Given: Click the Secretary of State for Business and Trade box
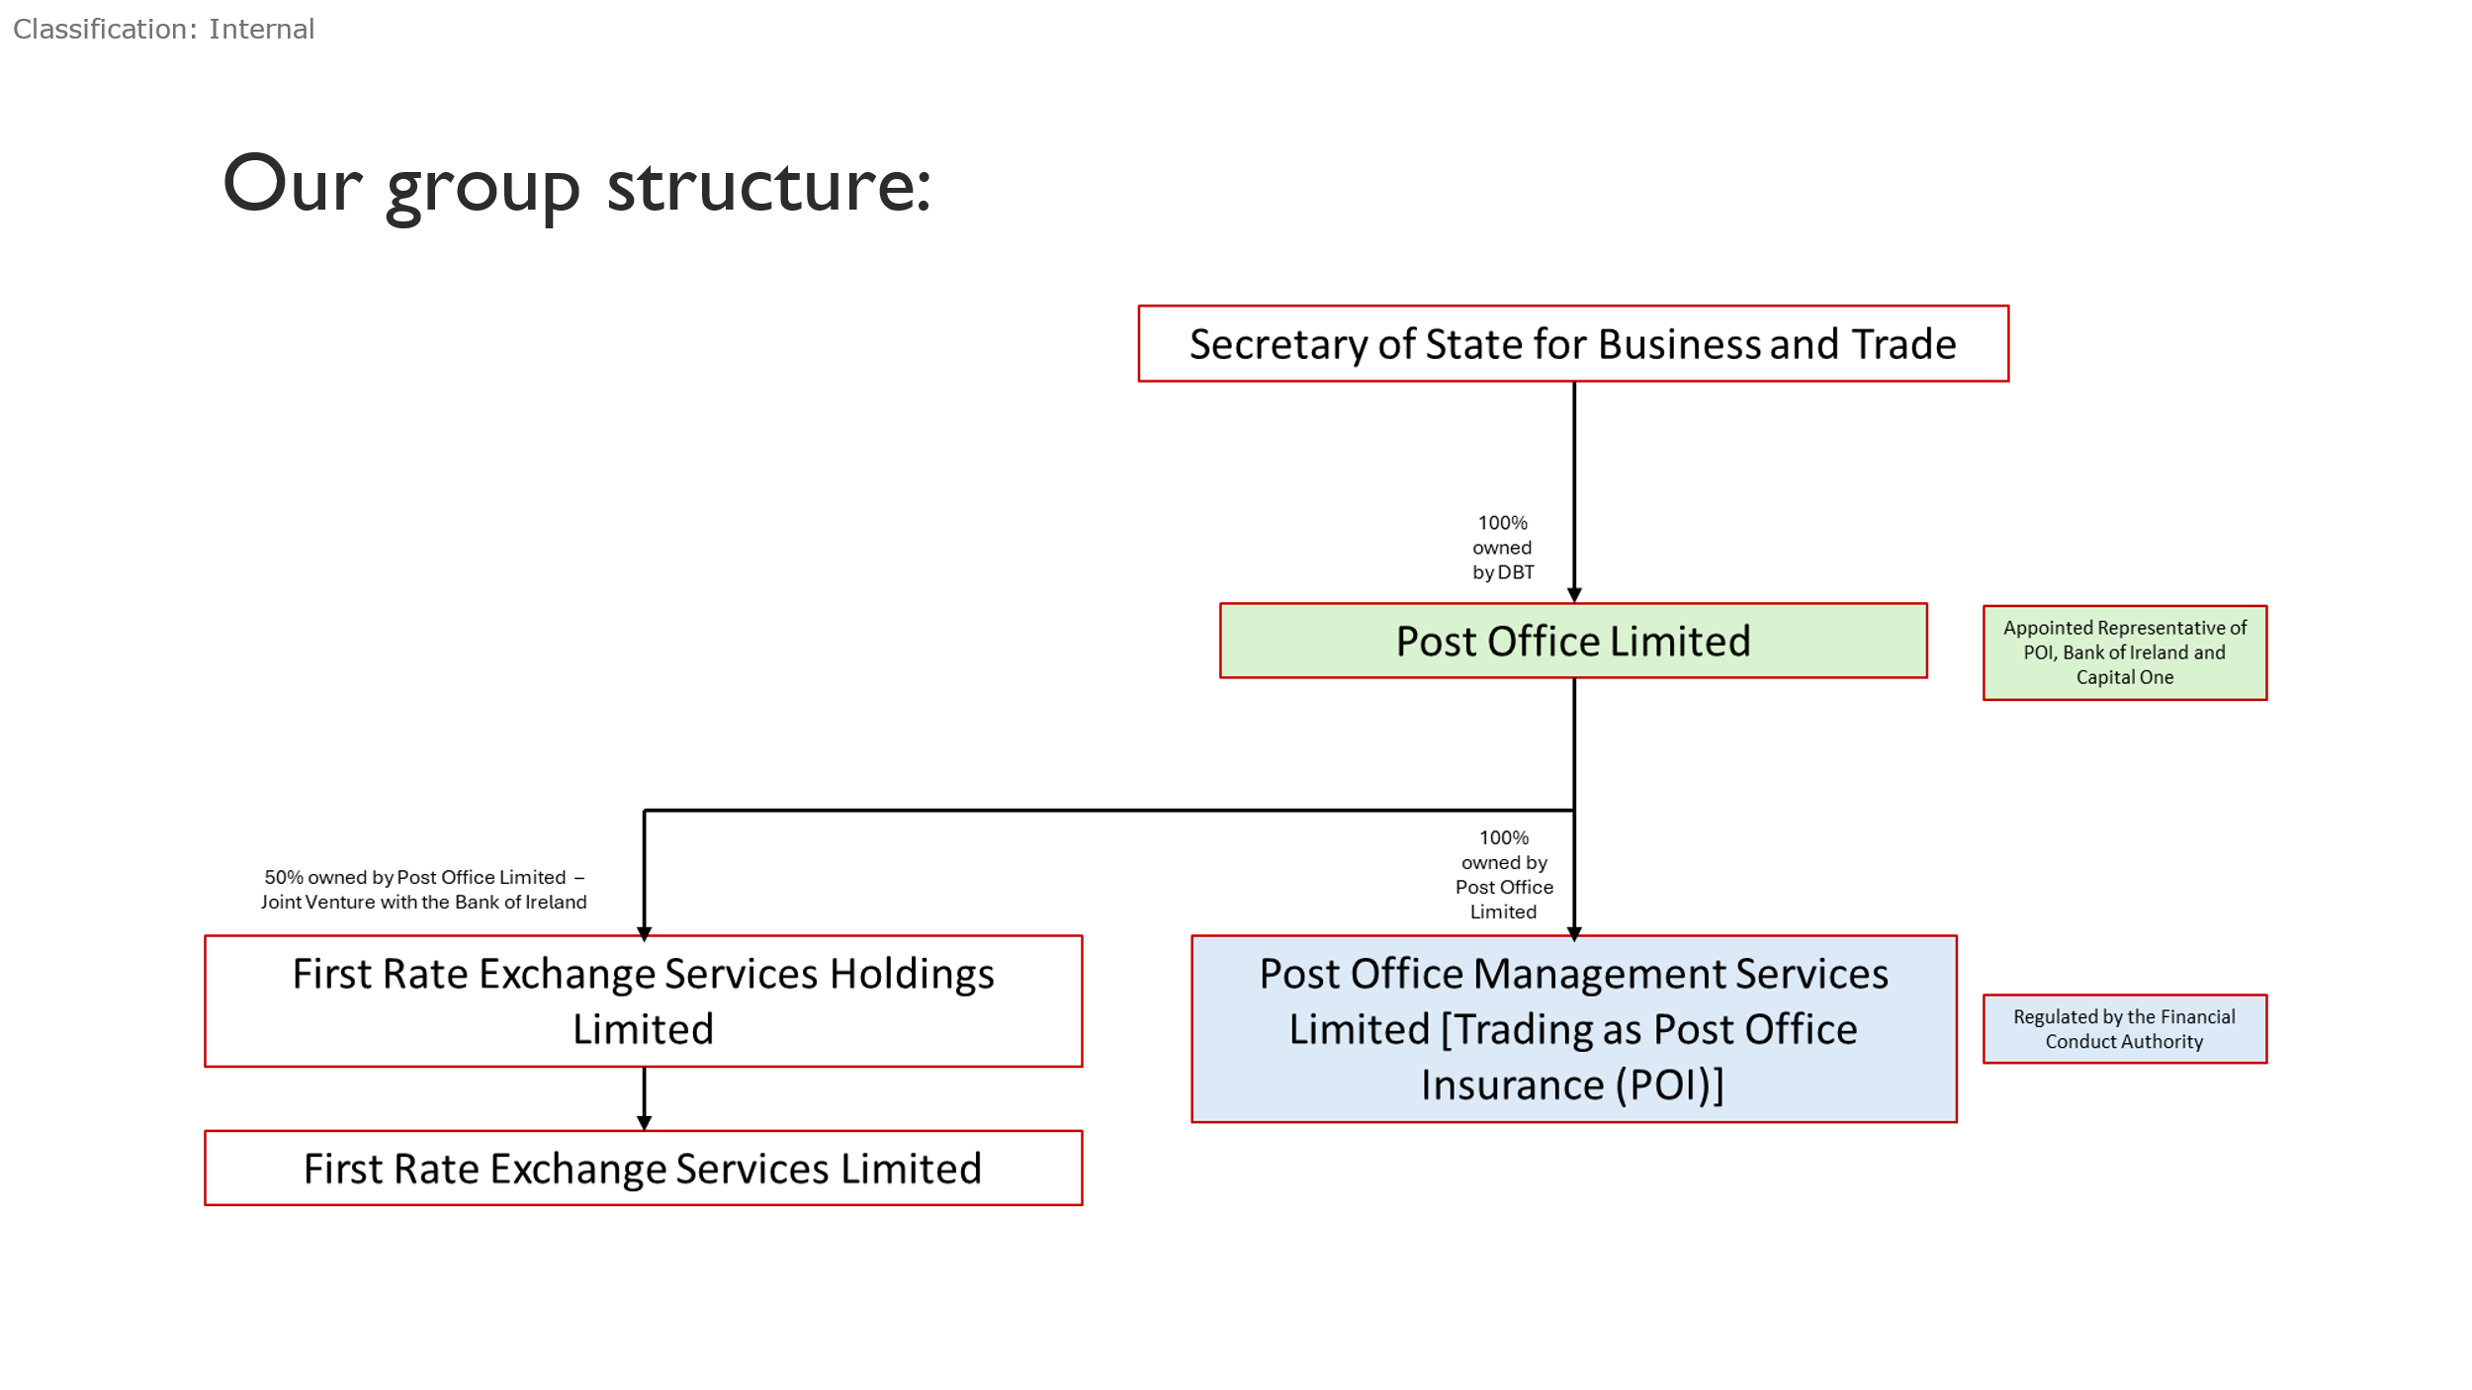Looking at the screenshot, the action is coord(1573,343).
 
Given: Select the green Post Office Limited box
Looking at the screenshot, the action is coord(1573,641).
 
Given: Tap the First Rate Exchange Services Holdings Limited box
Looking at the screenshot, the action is coord(644,1000).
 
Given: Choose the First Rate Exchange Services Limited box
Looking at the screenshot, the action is coord(644,1168).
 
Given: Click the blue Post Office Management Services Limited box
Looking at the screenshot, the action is coord(1574,1028).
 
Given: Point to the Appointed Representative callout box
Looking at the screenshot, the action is coord(2125,652).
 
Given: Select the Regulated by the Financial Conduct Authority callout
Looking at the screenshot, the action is coord(2125,1028).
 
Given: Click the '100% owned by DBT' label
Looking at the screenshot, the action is coord(1503,547).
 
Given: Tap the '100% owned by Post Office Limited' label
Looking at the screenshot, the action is coord(1504,874).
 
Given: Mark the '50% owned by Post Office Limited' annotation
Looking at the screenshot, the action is coord(424,889).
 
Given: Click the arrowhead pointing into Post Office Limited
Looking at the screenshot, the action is coord(1574,595).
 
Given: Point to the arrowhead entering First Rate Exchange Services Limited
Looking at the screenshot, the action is coord(645,1122).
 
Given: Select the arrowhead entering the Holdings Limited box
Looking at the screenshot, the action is coord(645,933).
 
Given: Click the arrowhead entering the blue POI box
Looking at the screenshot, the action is coord(1574,933).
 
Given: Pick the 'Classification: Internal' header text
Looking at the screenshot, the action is coord(164,29).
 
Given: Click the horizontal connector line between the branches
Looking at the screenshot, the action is coord(1108,810).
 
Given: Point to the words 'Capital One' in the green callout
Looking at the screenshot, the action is coord(2124,677).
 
